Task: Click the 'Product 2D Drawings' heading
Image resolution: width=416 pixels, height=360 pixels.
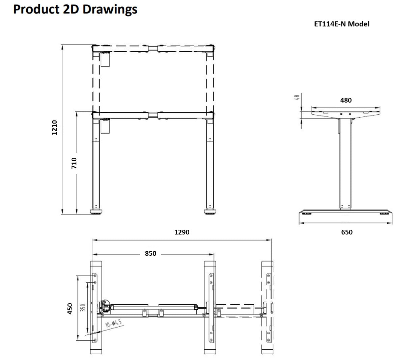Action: coord(75,9)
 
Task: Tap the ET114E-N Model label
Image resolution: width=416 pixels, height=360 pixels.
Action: coord(341,24)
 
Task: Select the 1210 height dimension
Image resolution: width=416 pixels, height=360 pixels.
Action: coord(54,128)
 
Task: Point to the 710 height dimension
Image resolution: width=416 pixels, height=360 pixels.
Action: coord(74,163)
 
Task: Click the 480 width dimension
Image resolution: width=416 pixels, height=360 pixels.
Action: coord(345,100)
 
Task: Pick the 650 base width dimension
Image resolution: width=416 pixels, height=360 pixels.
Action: coord(346,232)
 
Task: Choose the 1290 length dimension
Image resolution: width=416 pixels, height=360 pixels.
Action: coord(182,232)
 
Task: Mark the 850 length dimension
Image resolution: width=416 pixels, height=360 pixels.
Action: coord(150,253)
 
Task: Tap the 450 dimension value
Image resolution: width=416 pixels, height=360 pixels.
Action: coord(70,309)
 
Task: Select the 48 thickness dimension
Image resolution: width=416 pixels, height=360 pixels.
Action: coord(297,97)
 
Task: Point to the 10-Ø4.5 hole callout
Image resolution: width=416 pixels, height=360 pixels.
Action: coord(113,324)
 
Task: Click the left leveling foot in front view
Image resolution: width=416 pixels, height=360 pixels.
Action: coord(96,212)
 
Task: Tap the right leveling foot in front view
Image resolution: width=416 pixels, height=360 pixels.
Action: coord(210,212)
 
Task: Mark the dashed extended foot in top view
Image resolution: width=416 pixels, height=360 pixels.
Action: coord(267,307)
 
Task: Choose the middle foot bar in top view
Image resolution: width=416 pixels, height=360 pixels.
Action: coord(210,307)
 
